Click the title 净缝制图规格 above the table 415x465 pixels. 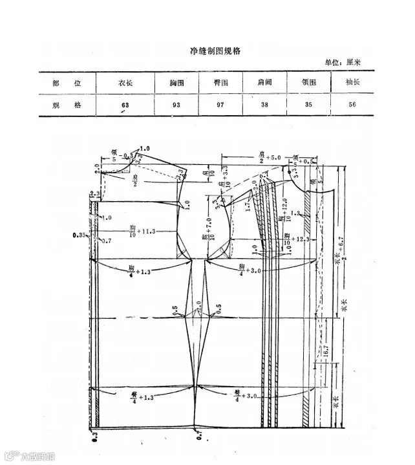pyautogui.click(x=206, y=51)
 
